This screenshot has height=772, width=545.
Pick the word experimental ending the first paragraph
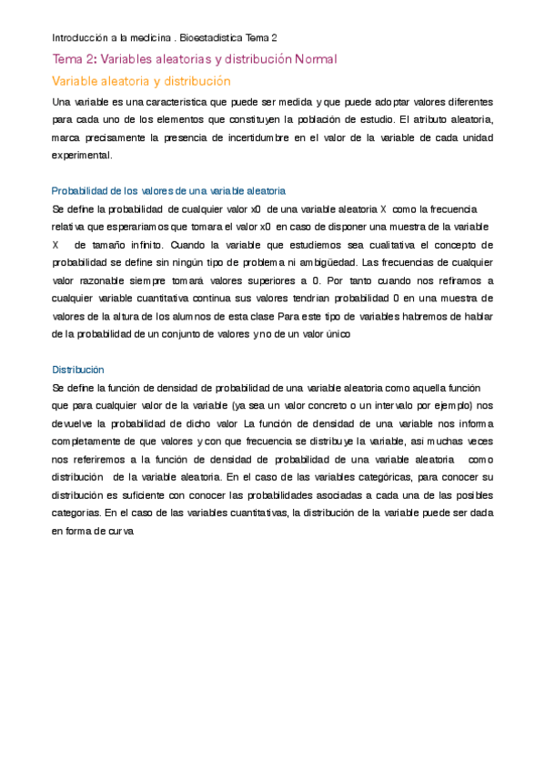coord(82,155)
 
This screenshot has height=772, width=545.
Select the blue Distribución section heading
coord(78,370)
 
